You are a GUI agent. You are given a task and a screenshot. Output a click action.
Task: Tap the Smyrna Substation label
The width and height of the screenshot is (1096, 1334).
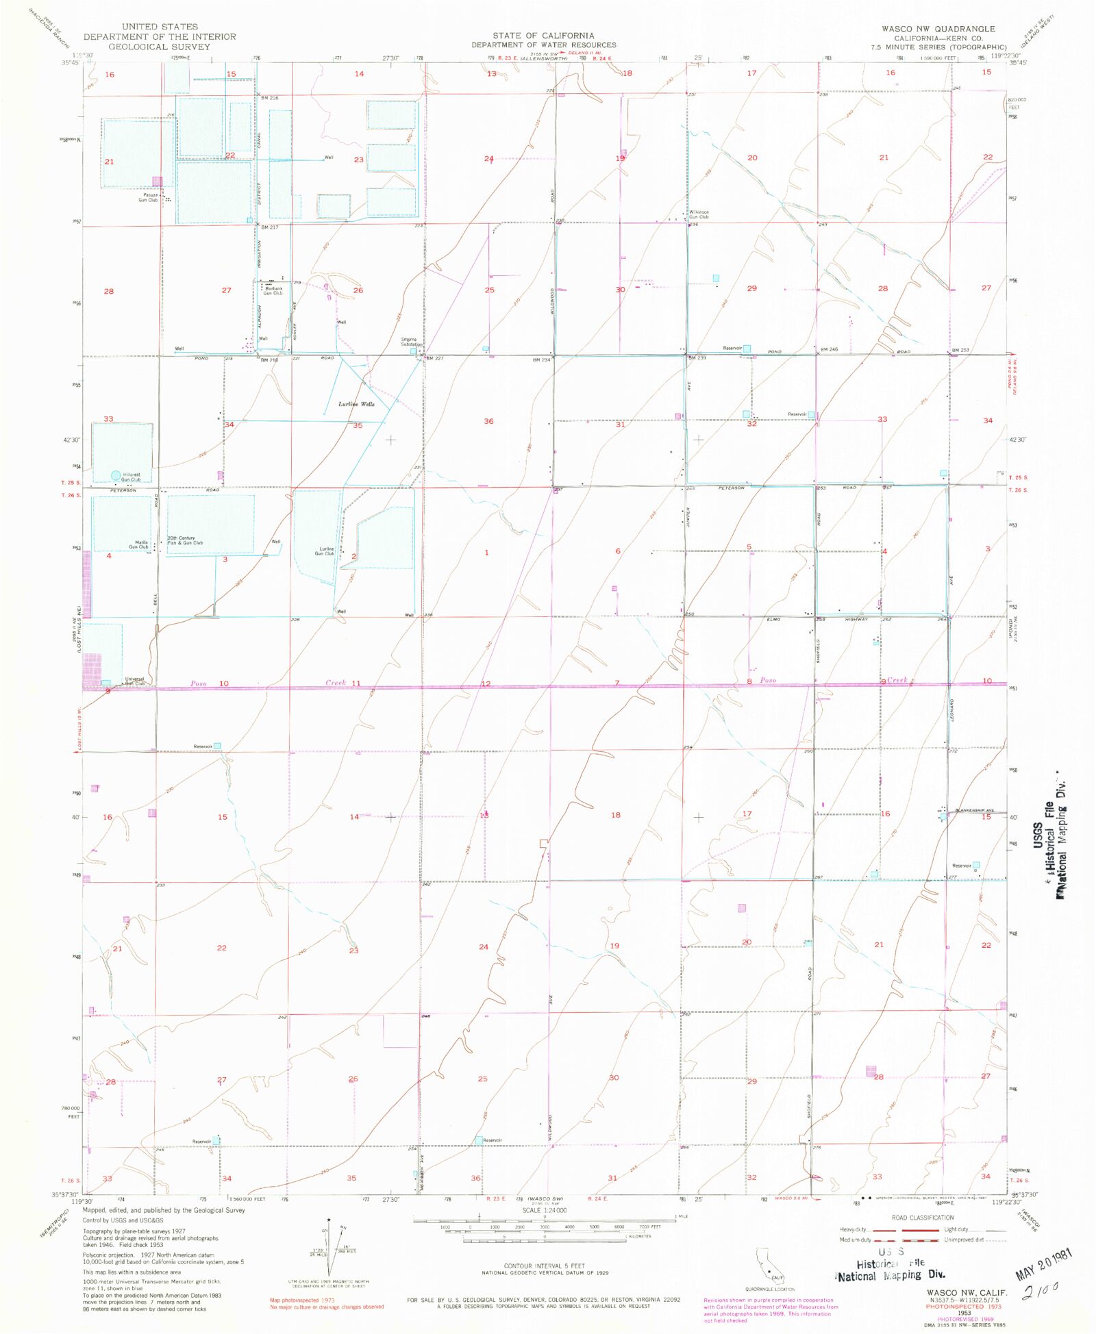coord(412,342)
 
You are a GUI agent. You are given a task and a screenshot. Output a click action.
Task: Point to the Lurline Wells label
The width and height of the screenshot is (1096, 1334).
coord(356,404)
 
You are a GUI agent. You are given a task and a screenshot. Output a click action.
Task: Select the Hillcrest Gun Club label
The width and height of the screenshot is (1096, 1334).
coord(130,477)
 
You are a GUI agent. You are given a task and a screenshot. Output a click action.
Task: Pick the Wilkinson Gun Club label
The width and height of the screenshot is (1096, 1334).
coord(699,214)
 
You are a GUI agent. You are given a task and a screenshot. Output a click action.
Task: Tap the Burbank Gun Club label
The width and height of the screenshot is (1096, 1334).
coord(273,291)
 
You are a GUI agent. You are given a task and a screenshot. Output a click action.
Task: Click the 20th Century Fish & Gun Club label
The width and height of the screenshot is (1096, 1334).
coord(186,540)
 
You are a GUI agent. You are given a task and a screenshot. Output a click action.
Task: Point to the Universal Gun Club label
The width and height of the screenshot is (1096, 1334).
coord(134,681)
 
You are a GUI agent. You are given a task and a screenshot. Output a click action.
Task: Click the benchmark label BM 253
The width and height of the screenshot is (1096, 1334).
coord(960,350)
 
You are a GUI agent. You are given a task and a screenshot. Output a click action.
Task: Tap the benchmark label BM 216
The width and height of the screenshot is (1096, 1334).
coord(269,98)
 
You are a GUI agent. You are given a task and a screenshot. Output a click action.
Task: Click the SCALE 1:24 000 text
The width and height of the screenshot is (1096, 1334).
coord(545,1211)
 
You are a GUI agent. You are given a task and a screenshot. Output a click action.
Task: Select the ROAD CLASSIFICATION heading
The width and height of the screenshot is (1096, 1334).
coord(922,1218)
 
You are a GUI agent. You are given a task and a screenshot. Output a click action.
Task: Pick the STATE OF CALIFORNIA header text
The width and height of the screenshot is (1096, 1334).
coord(543,36)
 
